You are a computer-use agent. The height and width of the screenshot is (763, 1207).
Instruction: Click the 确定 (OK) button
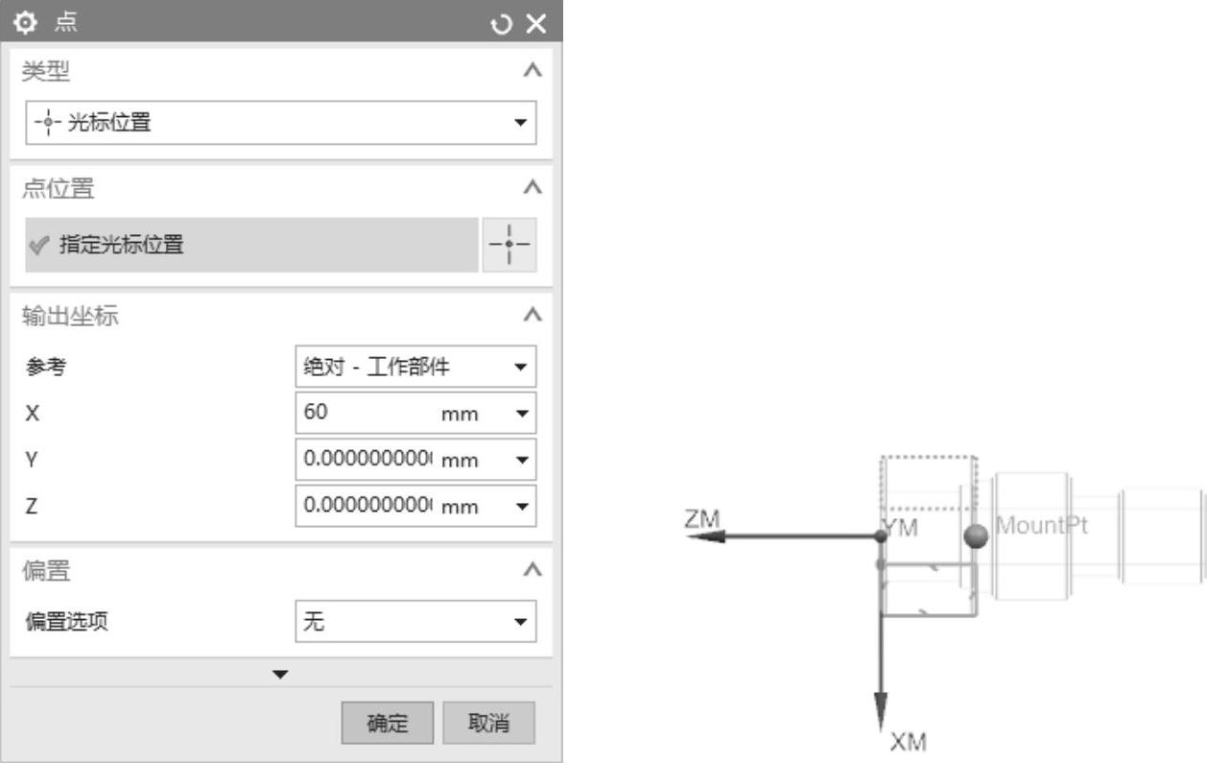point(388,724)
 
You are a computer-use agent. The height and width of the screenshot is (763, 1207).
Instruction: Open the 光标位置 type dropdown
point(280,123)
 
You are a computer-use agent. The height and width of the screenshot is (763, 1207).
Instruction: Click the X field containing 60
point(365,413)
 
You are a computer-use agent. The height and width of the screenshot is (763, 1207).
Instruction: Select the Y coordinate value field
point(365,460)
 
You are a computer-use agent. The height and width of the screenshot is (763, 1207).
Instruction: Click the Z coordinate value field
point(365,506)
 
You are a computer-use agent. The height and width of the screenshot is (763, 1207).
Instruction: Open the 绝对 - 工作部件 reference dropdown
point(415,367)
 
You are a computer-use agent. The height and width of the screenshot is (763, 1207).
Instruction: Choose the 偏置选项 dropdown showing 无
point(415,622)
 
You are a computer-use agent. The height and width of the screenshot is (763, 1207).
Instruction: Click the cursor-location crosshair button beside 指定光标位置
point(509,245)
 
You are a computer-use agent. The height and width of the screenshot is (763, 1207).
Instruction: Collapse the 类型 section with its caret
point(534,71)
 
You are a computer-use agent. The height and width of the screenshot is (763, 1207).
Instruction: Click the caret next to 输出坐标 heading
point(534,316)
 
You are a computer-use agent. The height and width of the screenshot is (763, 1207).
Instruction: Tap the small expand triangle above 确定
point(280,674)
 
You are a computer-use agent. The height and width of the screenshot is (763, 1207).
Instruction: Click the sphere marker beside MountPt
point(977,536)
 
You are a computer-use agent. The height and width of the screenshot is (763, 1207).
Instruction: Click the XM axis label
point(908,743)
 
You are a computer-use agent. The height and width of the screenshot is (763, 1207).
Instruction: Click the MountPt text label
point(1042,526)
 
